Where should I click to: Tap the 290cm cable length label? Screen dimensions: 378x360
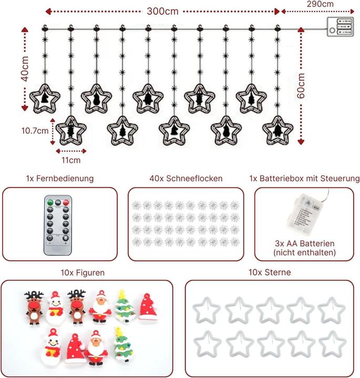tap(321, 4)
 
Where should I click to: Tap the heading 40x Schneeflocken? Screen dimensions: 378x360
tap(186, 178)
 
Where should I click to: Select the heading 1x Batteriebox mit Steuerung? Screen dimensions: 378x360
tap(305, 178)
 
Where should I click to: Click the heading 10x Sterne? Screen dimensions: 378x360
tap(270, 273)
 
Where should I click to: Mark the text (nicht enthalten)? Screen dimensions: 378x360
tap(305, 253)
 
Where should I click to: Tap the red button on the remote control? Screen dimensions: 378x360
tap(67, 202)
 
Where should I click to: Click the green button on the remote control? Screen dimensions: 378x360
tap(49, 202)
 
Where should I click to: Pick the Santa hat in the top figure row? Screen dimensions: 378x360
tap(148, 307)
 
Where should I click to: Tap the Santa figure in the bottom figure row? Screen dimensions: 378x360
tap(96, 346)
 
